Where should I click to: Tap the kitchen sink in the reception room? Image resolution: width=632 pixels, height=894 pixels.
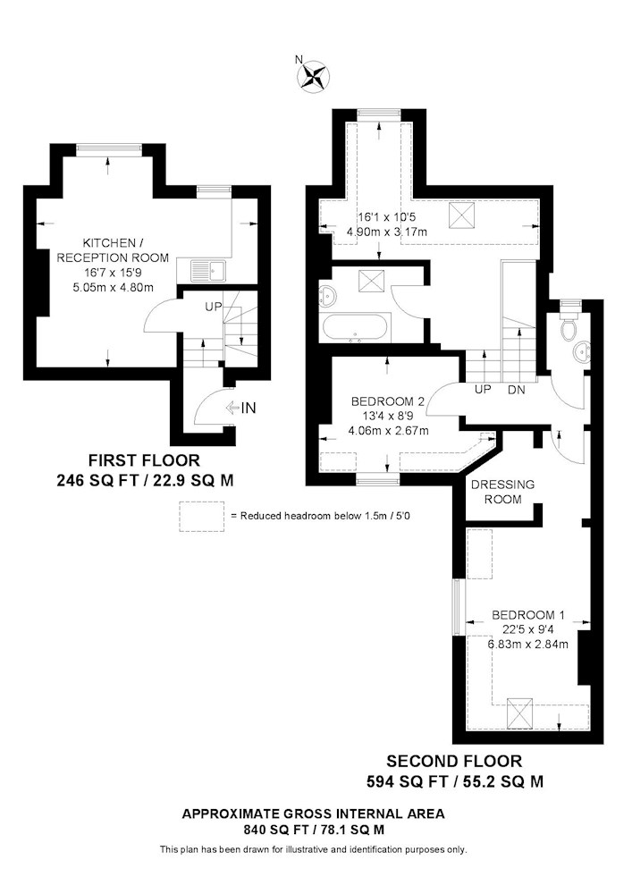(x=208, y=272)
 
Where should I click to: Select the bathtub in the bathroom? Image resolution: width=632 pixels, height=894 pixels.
(x=356, y=328)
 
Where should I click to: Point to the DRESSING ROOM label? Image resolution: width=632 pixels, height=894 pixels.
(x=502, y=492)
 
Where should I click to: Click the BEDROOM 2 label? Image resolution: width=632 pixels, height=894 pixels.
(x=388, y=401)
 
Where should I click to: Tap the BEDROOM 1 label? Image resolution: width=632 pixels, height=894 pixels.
(x=528, y=615)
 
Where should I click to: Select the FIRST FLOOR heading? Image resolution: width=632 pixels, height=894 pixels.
(x=144, y=460)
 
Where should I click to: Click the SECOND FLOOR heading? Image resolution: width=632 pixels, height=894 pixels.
(x=454, y=761)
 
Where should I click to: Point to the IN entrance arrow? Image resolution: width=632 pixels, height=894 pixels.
(x=241, y=408)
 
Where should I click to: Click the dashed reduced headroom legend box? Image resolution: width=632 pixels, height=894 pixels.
(x=201, y=517)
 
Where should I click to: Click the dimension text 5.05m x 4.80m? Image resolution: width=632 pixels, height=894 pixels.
(x=113, y=287)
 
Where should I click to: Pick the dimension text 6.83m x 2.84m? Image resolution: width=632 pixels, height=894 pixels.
(x=527, y=645)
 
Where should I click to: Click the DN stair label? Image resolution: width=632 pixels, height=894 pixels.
(x=516, y=390)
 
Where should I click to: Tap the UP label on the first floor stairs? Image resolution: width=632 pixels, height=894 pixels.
(x=214, y=307)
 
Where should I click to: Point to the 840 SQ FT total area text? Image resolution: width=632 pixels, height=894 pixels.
(x=314, y=831)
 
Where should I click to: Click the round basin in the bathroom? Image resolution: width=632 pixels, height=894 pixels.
(x=329, y=294)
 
